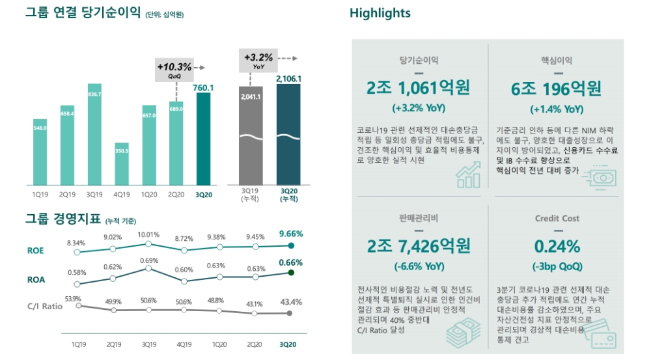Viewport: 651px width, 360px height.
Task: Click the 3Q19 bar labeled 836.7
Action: tap(94, 134)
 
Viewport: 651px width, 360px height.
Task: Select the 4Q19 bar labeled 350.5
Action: tap(122, 163)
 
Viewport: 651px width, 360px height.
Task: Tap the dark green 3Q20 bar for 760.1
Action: tap(204, 139)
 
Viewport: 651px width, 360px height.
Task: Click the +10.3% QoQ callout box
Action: tap(174, 70)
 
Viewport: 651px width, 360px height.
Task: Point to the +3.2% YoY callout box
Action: tap(258, 61)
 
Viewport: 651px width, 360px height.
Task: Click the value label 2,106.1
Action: tap(288, 79)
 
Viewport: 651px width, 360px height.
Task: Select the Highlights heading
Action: tap(380, 13)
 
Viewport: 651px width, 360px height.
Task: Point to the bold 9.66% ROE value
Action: tap(290, 234)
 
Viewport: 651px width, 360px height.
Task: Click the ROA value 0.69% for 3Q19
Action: tap(149, 260)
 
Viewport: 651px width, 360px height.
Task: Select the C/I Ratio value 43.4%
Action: tap(290, 302)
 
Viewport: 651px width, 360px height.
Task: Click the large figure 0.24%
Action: tap(557, 247)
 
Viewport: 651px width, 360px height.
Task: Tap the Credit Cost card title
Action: tap(557, 219)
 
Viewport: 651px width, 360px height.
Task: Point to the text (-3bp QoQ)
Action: tap(557, 266)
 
